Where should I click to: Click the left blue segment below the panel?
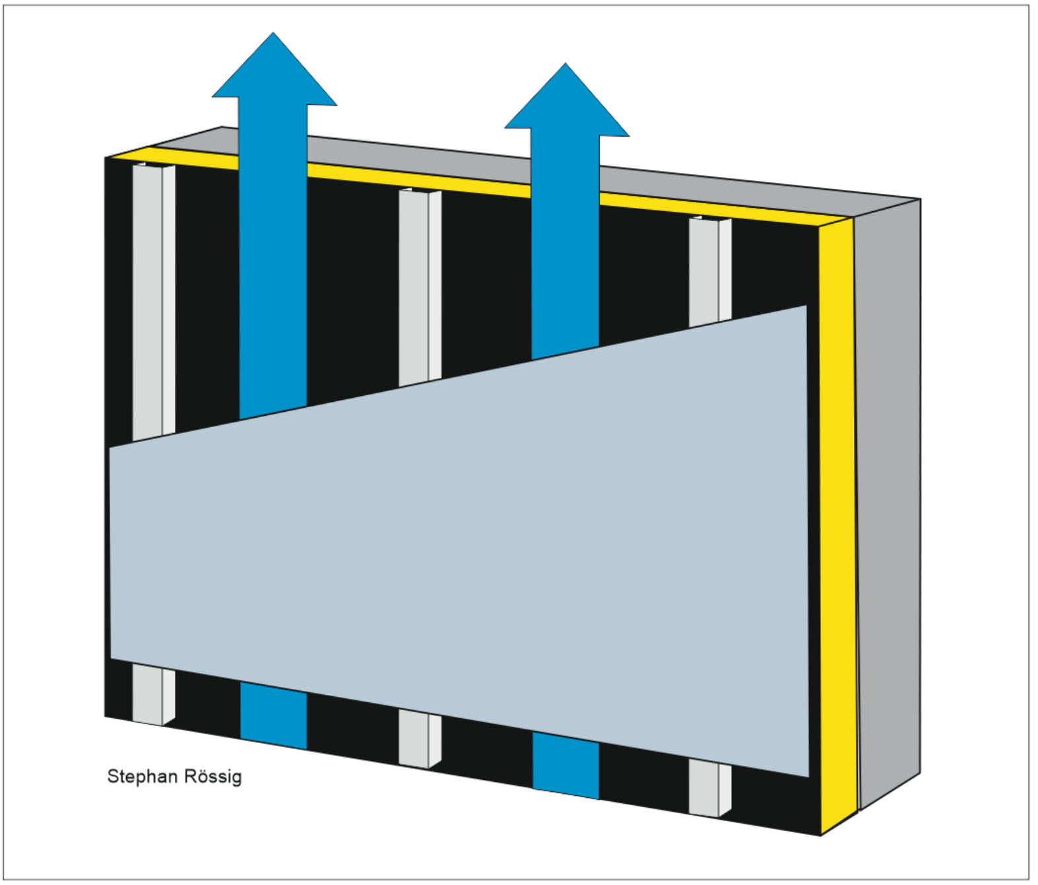(x=273, y=716)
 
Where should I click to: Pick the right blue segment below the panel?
(x=566, y=766)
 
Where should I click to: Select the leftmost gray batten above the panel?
(x=154, y=302)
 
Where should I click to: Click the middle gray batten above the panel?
(x=420, y=287)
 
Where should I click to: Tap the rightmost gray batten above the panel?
(x=710, y=272)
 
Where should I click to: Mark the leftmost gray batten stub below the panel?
(x=154, y=696)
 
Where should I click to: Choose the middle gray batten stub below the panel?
(x=420, y=739)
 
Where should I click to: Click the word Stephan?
(x=142, y=777)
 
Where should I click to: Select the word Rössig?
(x=213, y=777)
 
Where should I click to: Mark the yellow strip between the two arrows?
(x=419, y=181)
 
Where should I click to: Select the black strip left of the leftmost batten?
(x=119, y=437)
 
